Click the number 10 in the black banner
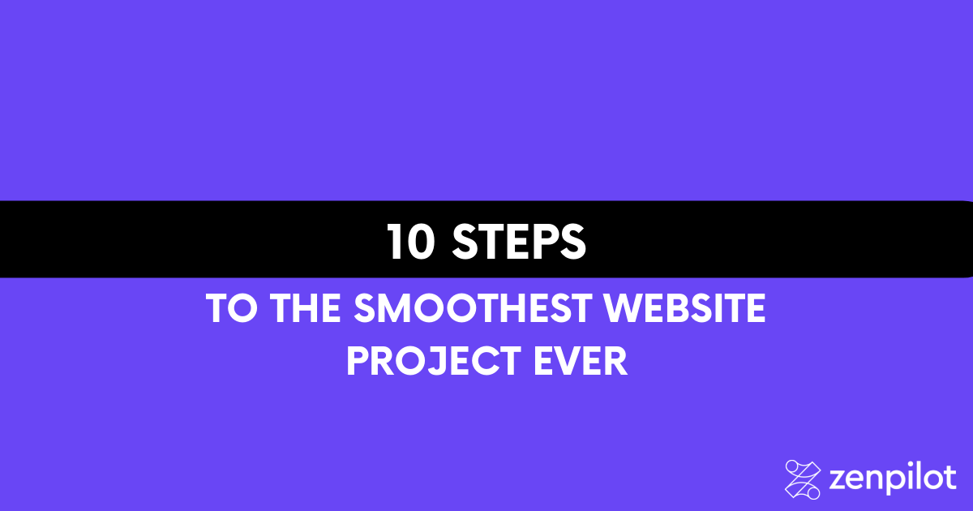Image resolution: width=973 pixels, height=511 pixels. [x=410, y=242]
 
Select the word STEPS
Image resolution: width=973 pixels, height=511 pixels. [x=519, y=242]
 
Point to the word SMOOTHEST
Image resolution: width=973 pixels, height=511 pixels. [x=472, y=308]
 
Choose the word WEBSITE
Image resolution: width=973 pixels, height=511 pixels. [x=684, y=308]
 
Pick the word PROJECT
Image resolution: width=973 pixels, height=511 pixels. [x=434, y=361]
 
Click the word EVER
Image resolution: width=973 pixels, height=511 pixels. [x=581, y=361]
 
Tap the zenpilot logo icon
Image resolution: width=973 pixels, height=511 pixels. [x=802, y=479]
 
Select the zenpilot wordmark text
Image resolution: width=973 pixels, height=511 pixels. [x=893, y=479]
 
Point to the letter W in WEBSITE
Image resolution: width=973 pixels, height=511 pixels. [x=624, y=308]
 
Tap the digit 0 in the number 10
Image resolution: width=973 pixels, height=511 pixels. [x=421, y=242]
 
